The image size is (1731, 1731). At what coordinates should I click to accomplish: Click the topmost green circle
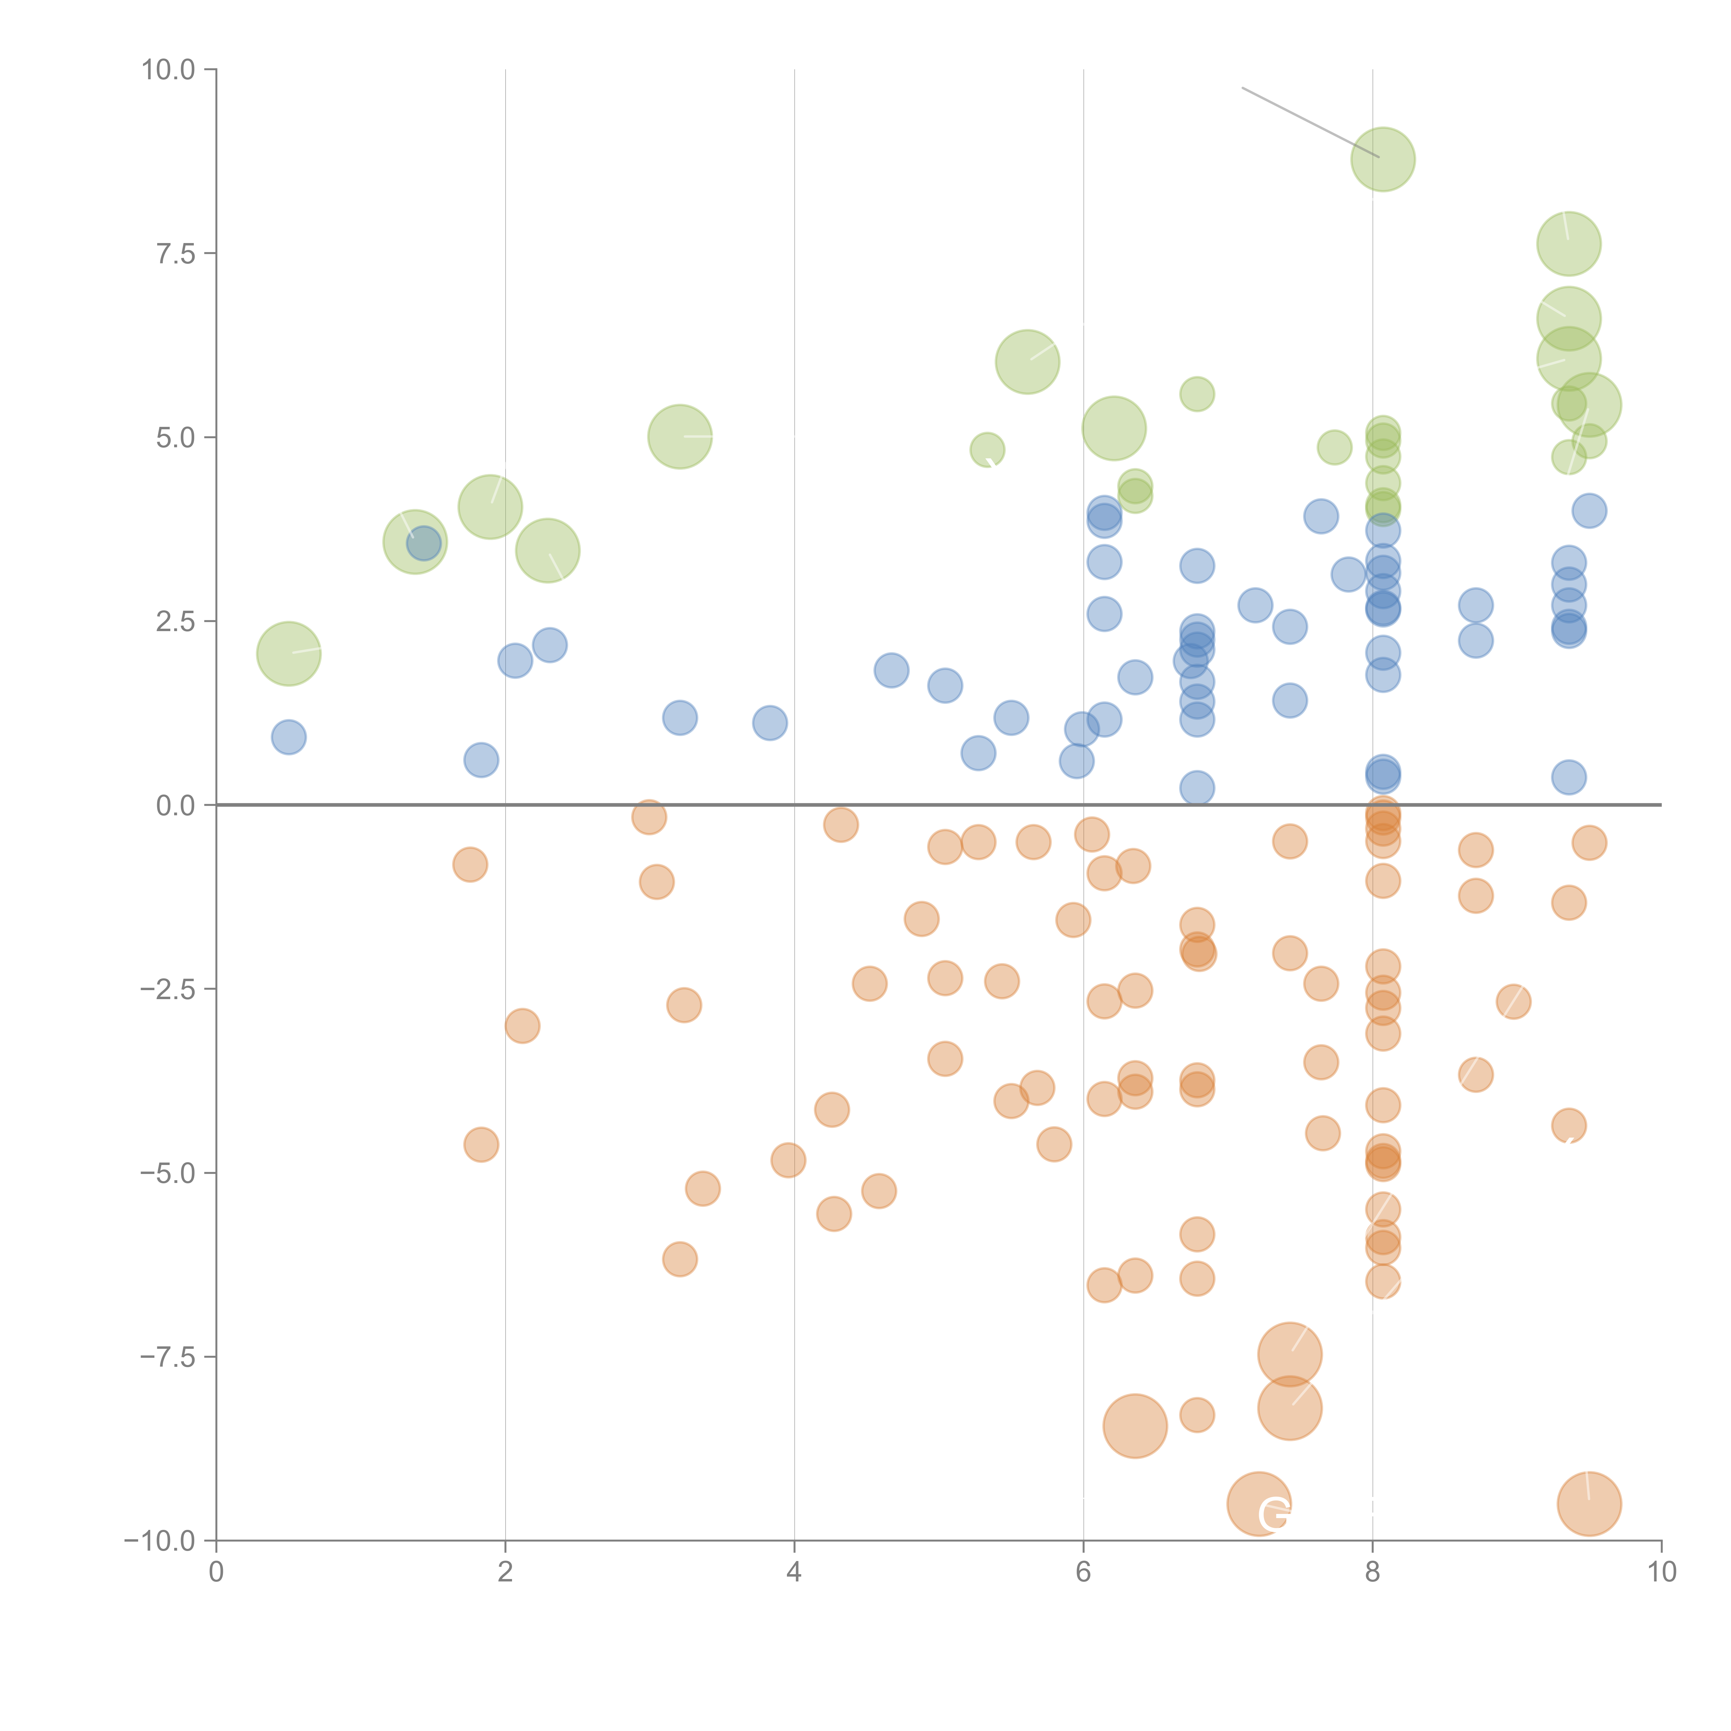(x=1382, y=160)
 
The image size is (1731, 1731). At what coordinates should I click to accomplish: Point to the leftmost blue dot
(x=288, y=737)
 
